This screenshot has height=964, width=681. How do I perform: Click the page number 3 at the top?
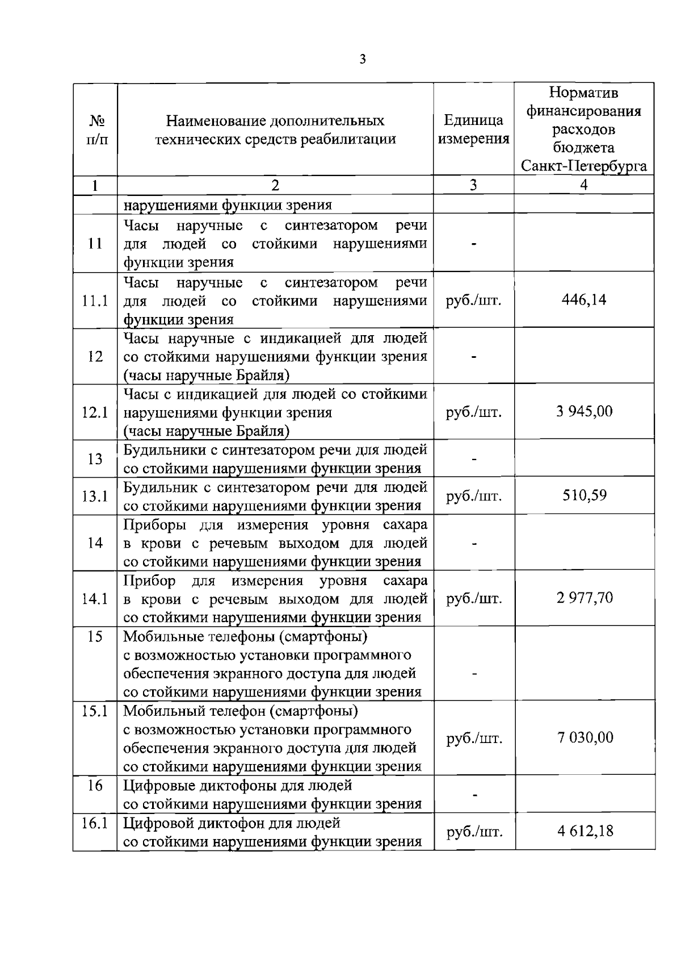click(x=363, y=59)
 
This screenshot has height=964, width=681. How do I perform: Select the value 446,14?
click(x=584, y=299)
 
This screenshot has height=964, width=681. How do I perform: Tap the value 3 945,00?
click(x=585, y=411)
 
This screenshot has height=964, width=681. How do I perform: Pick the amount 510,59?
click(x=585, y=495)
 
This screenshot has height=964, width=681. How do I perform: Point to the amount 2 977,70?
click(x=585, y=598)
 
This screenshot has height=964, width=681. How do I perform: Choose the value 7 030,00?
click(x=585, y=737)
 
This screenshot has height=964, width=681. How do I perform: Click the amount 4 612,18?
click(x=585, y=831)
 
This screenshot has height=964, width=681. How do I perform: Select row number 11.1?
click(x=95, y=301)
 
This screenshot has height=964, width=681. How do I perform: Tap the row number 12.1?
click(x=95, y=412)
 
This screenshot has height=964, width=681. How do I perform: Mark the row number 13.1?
click(x=95, y=496)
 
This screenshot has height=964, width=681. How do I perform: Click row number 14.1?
click(x=95, y=599)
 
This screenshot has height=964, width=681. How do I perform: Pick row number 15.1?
click(x=95, y=711)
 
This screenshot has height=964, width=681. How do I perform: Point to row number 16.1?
click(x=95, y=823)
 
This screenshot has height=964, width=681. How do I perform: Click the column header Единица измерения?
click(x=474, y=130)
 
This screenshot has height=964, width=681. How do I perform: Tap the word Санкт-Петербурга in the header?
click(x=584, y=166)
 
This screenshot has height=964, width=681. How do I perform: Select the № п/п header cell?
click(x=95, y=130)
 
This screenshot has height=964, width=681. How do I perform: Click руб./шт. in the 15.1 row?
click(x=474, y=738)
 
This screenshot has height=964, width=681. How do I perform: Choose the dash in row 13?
click(x=474, y=459)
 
